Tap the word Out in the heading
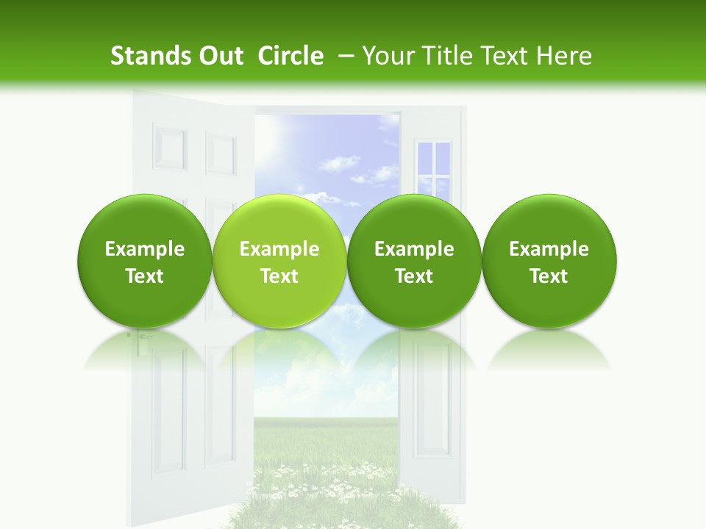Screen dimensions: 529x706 tap(219, 56)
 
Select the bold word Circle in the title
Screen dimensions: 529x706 tap(290, 56)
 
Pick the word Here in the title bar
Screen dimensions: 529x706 tap(564, 56)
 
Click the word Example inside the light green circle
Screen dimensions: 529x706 tap(279, 250)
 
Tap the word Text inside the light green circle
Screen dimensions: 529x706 tap(279, 276)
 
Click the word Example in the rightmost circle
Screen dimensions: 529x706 tap(549, 250)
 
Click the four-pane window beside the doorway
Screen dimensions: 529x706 tap(433, 169)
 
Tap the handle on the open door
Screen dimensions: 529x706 tap(140, 338)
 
